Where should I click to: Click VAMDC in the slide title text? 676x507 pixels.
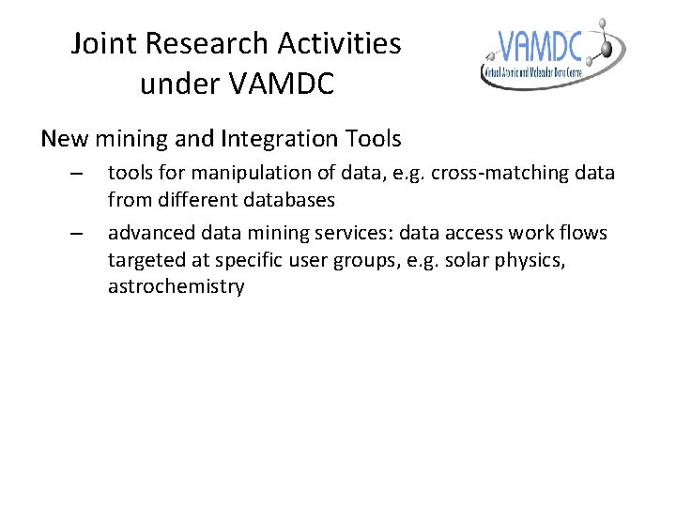pos(280,84)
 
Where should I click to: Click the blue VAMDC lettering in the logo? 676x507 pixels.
pos(541,46)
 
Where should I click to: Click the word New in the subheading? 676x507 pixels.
pos(65,140)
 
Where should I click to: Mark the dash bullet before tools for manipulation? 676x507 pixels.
pos(77,175)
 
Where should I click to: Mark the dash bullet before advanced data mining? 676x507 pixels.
pos(77,233)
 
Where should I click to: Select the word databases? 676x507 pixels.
pos(289,200)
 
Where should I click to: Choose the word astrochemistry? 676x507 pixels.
pos(176,286)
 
